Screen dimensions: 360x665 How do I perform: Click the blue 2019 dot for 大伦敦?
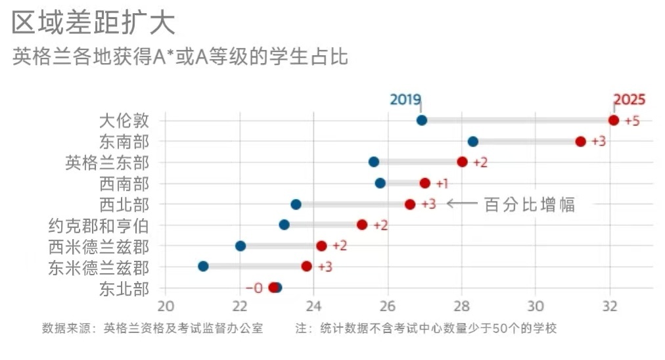(x=422, y=120)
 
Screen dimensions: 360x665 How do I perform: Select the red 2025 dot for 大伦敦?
(x=614, y=120)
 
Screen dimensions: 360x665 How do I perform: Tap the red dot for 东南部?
(x=580, y=141)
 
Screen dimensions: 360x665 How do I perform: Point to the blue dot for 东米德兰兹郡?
(x=203, y=266)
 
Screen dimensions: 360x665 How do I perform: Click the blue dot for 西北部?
(x=296, y=204)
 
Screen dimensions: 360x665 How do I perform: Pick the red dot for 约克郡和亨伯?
(x=362, y=225)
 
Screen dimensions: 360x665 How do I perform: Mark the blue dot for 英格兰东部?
(x=374, y=162)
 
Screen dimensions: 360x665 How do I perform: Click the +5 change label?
(x=631, y=122)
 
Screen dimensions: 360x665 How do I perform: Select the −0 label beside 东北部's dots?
(x=254, y=288)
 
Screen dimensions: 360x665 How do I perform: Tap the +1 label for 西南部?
(x=442, y=184)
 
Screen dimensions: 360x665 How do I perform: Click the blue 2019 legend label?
(x=405, y=100)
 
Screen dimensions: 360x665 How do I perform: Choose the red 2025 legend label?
(x=629, y=100)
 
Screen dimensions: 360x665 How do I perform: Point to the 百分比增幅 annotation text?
(x=530, y=204)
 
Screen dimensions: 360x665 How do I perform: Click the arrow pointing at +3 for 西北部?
(x=462, y=204)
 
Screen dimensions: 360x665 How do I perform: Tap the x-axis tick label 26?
(x=388, y=305)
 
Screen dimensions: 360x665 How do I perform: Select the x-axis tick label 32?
(x=610, y=305)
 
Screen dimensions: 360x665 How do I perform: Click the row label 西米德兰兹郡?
(x=99, y=247)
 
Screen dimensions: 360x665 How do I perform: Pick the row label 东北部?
(x=124, y=288)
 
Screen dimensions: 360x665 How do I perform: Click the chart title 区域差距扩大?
(x=94, y=24)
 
